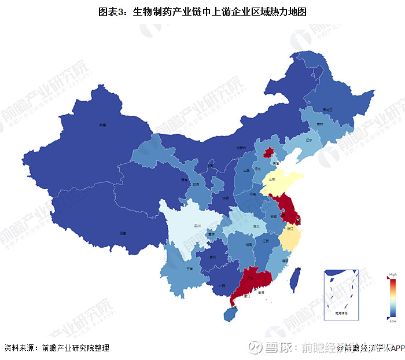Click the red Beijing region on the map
pyautogui.click(x=268, y=153)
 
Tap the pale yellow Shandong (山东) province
pyautogui.click(x=281, y=181)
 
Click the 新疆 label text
pyautogui.click(x=102, y=124)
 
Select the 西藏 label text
pyautogui.click(x=122, y=233)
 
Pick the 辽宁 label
pyautogui.click(x=308, y=140)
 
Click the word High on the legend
pyautogui.click(x=393, y=274)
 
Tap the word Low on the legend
pyautogui.click(x=393, y=321)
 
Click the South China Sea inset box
pyautogui.click(x=341, y=295)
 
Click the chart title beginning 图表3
pyautogui.click(x=202, y=11)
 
